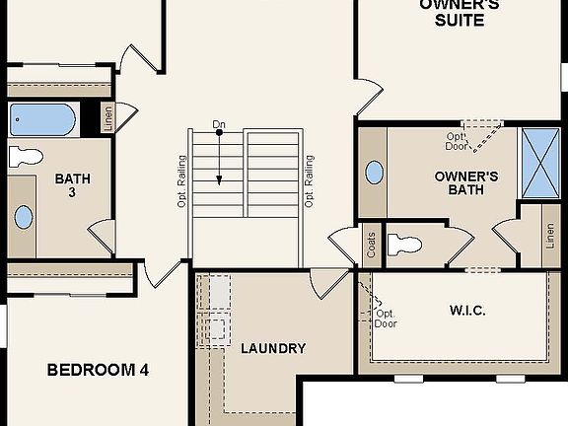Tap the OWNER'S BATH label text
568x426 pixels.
(x=465, y=183)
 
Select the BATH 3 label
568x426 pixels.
(x=71, y=185)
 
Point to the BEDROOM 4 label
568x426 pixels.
(x=99, y=371)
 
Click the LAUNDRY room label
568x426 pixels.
(x=273, y=348)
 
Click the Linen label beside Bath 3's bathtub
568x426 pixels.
(x=107, y=119)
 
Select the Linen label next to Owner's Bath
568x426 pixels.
(x=549, y=238)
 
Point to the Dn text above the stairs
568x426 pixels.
(x=218, y=126)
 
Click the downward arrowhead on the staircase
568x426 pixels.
(x=219, y=179)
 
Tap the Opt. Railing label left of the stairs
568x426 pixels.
(x=182, y=181)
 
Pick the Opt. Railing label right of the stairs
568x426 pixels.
(x=309, y=181)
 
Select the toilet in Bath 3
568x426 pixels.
(x=25, y=156)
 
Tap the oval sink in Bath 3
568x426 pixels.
(x=23, y=217)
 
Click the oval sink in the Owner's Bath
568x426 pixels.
(x=375, y=173)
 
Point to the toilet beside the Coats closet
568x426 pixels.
(x=406, y=244)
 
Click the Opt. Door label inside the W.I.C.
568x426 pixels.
(x=386, y=319)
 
